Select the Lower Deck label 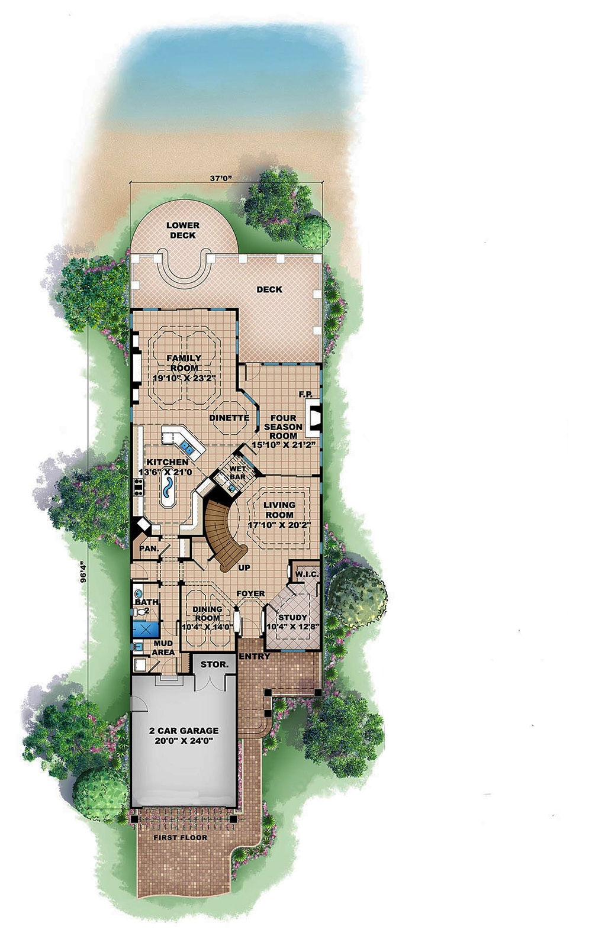tap(183, 230)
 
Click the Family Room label tap(184, 363)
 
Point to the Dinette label tap(229, 418)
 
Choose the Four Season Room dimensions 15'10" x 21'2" tap(284, 444)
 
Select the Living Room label tap(279, 509)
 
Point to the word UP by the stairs tap(244, 567)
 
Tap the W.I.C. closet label tap(307, 575)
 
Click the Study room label tap(292, 618)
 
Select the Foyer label tap(250, 593)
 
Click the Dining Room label tap(207, 614)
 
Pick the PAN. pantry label tap(148, 548)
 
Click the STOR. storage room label tap(214, 664)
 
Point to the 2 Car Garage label tap(184, 731)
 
